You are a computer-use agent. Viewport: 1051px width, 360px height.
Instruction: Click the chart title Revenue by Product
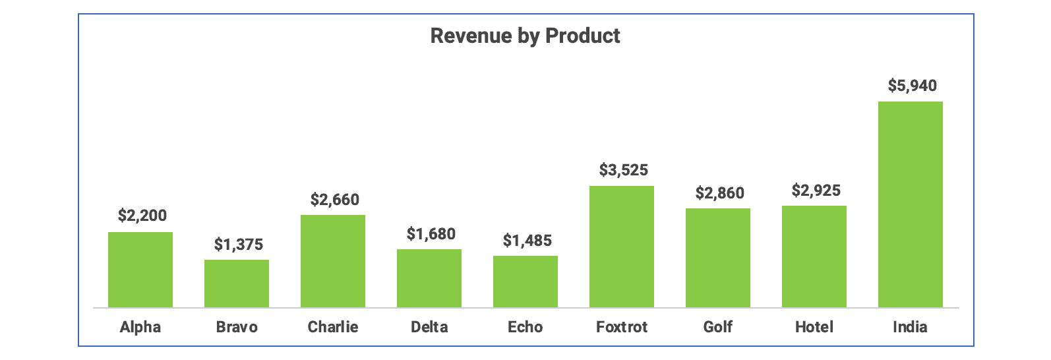pos(525,36)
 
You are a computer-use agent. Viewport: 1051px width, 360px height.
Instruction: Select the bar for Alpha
pos(140,270)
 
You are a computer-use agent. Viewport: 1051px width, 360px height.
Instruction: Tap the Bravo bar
pos(237,284)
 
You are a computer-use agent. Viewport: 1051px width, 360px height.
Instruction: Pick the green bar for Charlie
pos(333,261)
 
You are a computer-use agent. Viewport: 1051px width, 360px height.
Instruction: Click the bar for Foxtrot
pos(622,247)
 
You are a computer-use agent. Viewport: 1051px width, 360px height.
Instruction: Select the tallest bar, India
pos(911,204)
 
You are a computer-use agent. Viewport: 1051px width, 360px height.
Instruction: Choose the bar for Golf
pos(718,258)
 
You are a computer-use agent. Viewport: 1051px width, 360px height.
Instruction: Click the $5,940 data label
pos(912,86)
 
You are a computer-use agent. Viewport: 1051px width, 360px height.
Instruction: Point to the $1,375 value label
pos(238,245)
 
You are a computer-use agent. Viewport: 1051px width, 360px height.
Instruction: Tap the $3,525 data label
pos(623,170)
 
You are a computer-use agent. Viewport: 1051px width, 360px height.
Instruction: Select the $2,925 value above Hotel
pos(816,191)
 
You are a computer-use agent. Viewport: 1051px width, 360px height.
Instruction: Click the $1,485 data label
pos(527,241)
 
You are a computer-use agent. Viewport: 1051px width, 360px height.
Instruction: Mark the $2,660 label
pos(334,199)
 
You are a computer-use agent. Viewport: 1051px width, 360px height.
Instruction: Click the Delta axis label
pos(429,327)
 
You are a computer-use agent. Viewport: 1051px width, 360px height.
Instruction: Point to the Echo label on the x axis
pos(525,327)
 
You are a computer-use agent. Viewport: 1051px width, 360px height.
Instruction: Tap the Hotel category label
pos(814,327)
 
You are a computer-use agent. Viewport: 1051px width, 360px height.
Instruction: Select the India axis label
pos(910,327)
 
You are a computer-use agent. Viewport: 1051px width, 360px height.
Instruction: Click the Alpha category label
pos(140,327)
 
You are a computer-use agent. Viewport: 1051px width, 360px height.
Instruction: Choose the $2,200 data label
pos(142,216)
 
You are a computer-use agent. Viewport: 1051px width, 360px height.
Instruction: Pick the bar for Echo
pos(525,282)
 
